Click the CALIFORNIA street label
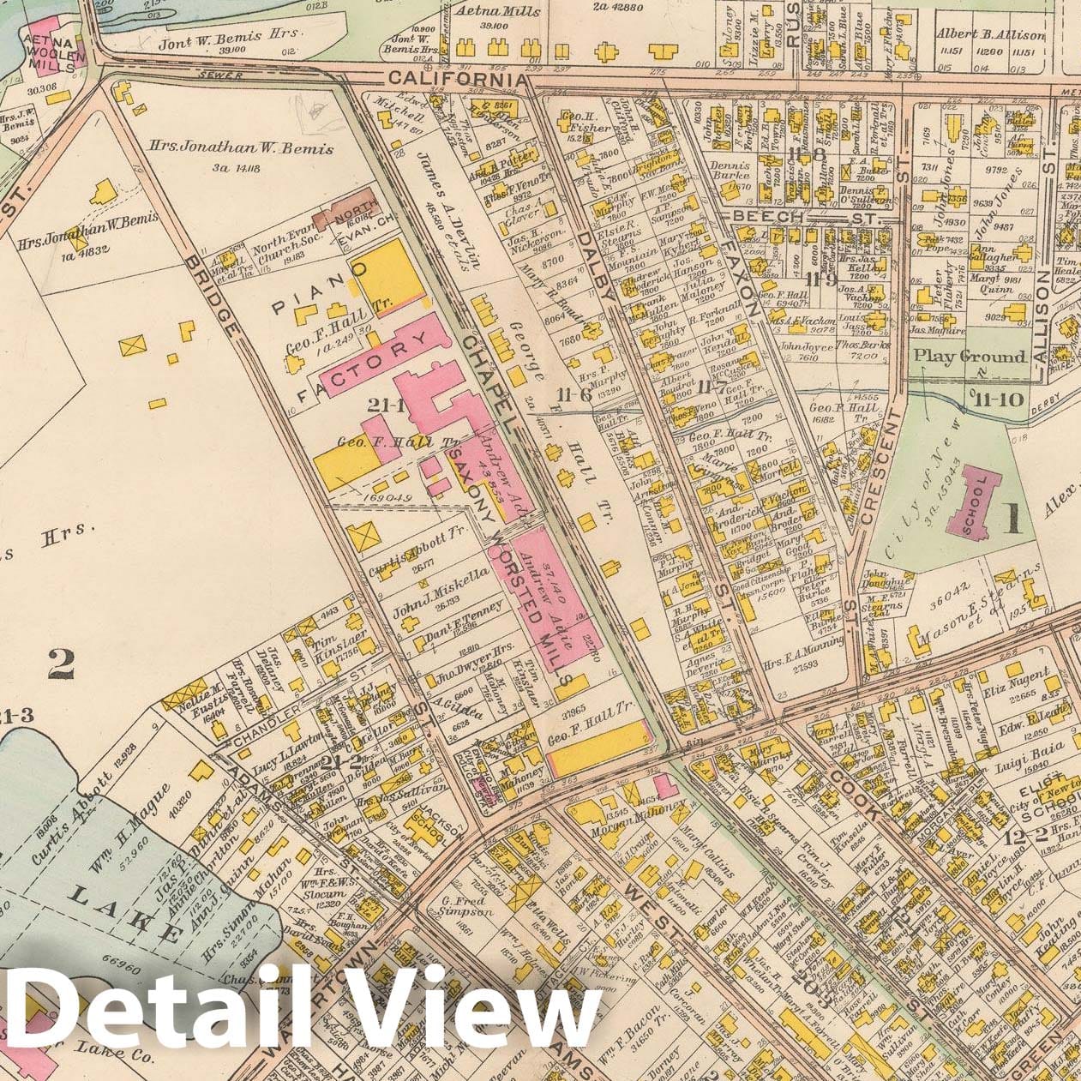[x=455, y=79]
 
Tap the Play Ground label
[x=969, y=356]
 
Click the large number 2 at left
[x=60, y=663]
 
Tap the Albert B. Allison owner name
[x=990, y=35]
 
